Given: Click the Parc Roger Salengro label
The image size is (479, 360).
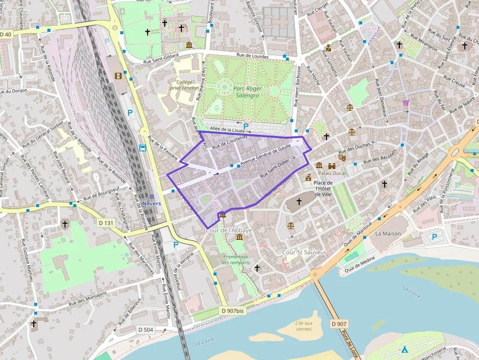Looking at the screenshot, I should (247, 92).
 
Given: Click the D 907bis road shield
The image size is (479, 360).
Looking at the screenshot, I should (232, 311).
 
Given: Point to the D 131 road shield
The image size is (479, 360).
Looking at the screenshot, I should (105, 223).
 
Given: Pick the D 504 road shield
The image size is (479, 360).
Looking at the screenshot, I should (145, 330).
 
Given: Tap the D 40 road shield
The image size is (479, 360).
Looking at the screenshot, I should (6, 34).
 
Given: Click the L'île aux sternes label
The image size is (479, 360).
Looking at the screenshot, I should (304, 326).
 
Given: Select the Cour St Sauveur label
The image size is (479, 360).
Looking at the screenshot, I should (304, 252).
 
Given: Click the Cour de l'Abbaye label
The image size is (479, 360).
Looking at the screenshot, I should (229, 230).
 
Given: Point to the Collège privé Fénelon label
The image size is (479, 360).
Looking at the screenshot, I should (184, 85).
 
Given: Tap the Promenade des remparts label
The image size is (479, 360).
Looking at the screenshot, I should (236, 259).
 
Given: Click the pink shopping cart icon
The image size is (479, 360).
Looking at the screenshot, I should (406, 103).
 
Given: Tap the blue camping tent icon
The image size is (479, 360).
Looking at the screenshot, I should (404, 349).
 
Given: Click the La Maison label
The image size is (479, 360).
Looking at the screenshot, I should (388, 233).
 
